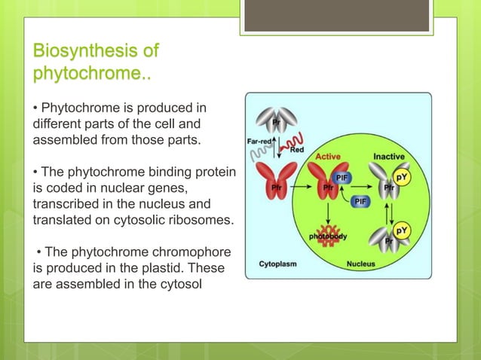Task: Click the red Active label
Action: tap(328, 157)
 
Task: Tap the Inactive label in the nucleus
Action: tap(389, 157)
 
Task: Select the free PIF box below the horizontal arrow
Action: tap(361, 201)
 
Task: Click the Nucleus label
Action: tap(361, 264)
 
